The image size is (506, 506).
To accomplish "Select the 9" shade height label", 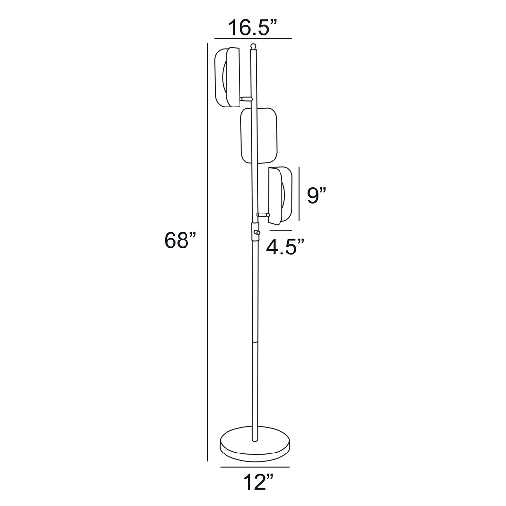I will pyautogui.click(x=317, y=195).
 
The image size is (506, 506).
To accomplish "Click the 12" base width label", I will pyautogui.click(x=258, y=481).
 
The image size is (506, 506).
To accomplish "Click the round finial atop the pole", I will pyautogui.click(x=253, y=46).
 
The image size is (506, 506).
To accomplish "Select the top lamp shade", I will pyautogui.click(x=227, y=77).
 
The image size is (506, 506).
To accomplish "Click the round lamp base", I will pyautogui.click(x=255, y=442).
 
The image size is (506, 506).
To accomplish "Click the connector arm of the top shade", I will pyautogui.click(x=246, y=99).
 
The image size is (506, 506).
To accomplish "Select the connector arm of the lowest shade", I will pyautogui.click(x=263, y=214).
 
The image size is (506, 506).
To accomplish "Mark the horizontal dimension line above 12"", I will pyautogui.click(x=255, y=467).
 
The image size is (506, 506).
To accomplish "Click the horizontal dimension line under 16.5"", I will pyautogui.click(x=253, y=38).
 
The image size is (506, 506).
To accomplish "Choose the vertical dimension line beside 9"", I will pyautogui.click(x=299, y=194).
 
